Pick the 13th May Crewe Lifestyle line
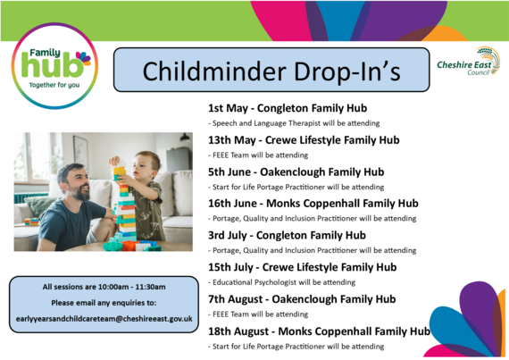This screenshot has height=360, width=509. tap(291, 140)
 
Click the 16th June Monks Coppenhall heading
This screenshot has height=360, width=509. tap(313, 204)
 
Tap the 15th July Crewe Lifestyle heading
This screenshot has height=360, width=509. tap(302, 267)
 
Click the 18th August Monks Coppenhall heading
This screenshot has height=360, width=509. tap(318, 331)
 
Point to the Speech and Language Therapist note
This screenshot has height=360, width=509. tap(287, 123)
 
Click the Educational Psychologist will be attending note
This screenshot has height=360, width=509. tap(281, 281)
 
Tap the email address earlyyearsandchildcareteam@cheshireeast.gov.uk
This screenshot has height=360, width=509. tap(104, 319)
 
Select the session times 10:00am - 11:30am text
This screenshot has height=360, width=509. tap(104, 287)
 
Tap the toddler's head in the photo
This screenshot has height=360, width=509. tap(146, 164)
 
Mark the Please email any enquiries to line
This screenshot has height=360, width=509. tap(104, 303)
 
